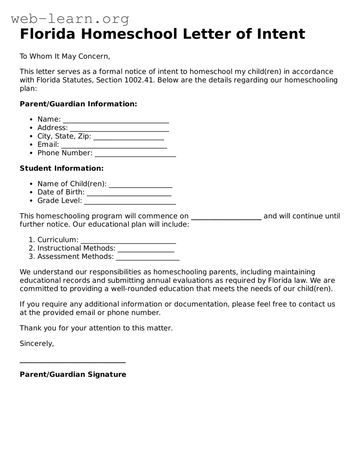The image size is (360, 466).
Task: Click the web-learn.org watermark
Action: pyautogui.click(x=70, y=19)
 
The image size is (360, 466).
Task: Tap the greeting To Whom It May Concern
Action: pyautogui.click(x=65, y=56)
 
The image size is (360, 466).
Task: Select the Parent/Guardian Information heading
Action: pyautogui.click(x=78, y=104)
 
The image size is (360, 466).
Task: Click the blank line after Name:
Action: pyautogui.click(x=116, y=120)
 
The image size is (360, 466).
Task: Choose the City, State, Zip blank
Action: pyautogui.click(x=129, y=137)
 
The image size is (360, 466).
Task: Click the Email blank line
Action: pyautogui.click(x=114, y=145)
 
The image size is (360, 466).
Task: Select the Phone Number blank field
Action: pyautogui.click(x=135, y=154)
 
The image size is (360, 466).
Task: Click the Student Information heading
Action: pyautogui.click(x=61, y=169)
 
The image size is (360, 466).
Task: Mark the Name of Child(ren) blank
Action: pyautogui.click(x=140, y=185)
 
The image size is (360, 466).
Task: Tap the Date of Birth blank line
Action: pyautogui.click(x=129, y=193)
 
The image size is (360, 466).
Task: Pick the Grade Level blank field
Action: pyautogui.click(x=130, y=202)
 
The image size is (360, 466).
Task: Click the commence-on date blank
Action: pyautogui.click(x=226, y=217)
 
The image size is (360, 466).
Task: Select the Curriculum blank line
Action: pyautogui.click(x=128, y=241)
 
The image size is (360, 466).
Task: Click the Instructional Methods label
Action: pyautogui.click(x=76, y=248)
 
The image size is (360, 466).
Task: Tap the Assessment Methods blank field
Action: pyautogui.click(x=148, y=257)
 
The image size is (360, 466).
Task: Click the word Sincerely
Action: pyautogui.click(x=37, y=343)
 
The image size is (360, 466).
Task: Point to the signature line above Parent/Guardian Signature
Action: pyautogui.click(x=73, y=361)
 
